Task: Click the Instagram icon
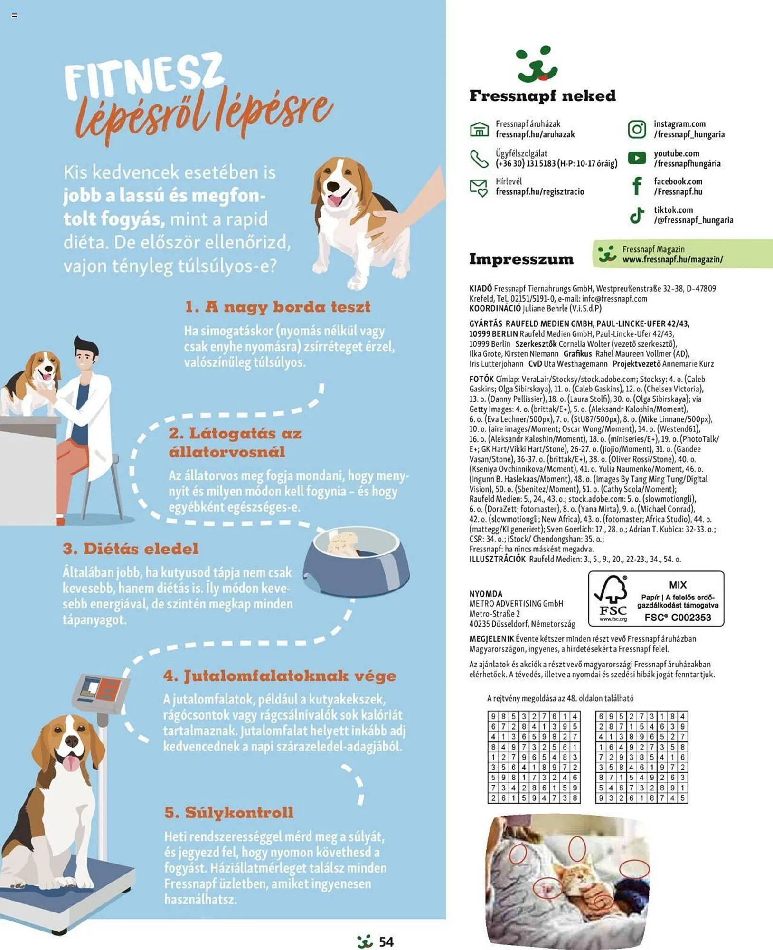point(637,129)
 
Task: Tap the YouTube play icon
point(637,158)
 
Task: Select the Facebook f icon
point(637,186)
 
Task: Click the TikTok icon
point(637,215)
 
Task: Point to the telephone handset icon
point(479,159)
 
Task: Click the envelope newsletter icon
point(479,188)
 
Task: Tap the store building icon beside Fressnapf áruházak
point(479,129)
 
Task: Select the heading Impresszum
point(521,259)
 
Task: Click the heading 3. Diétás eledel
point(131,549)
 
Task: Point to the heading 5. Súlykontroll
point(229,812)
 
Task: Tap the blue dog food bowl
point(356,560)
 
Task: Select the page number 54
point(386,941)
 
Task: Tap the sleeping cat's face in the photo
point(572,875)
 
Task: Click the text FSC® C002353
point(678,617)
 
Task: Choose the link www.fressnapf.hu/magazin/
point(672,259)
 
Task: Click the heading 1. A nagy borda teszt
point(278,306)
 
